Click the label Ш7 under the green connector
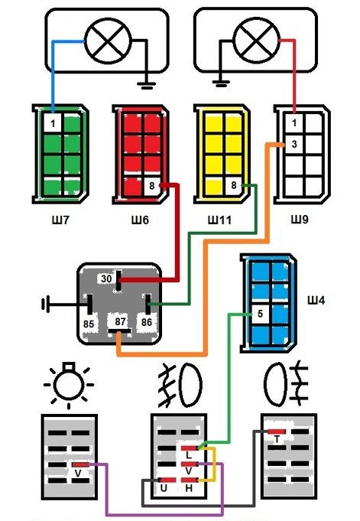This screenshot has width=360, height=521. (x=60, y=220)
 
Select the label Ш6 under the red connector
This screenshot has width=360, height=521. (x=140, y=220)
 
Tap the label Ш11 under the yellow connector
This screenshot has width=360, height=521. (x=219, y=220)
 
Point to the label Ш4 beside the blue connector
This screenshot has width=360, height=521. (x=316, y=301)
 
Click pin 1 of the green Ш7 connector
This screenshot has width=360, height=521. (x=53, y=124)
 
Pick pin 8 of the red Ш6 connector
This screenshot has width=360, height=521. (x=152, y=186)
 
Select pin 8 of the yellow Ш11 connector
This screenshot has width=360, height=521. (x=233, y=185)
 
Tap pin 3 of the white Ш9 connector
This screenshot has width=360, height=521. (x=294, y=145)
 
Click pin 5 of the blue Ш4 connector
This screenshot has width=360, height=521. (x=260, y=314)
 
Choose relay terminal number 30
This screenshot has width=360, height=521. (x=106, y=278)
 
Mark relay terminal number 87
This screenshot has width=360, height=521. (x=121, y=321)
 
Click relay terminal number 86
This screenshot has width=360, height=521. (x=147, y=322)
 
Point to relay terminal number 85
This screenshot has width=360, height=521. (x=89, y=324)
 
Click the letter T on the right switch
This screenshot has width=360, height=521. (x=277, y=440)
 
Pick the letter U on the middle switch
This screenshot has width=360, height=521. (x=164, y=488)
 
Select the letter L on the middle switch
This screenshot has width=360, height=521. (x=189, y=455)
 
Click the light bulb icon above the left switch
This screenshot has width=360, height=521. (x=69, y=386)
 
